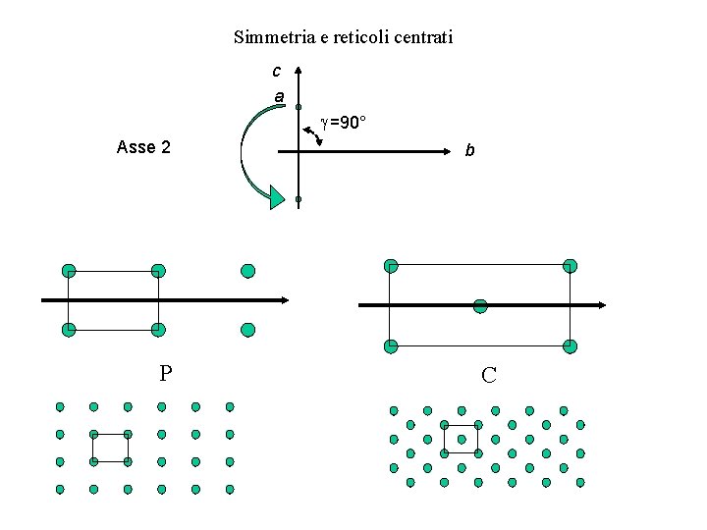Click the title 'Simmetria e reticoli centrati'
[343, 38]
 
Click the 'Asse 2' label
[143, 148]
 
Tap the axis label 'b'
[469, 151]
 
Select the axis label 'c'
[276, 71]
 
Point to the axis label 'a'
[279, 97]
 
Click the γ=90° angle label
[343, 124]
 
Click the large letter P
[166, 373]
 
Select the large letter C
[488, 375]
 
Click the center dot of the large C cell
[480, 306]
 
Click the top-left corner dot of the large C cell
[391, 266]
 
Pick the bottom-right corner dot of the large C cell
[571, 346]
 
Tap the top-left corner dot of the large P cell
[69, 271]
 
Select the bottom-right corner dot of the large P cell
[158, 330]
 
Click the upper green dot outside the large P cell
[247, 271]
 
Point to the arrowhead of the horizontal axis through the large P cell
[283, 300]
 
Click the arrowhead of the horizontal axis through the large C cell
[601, 306]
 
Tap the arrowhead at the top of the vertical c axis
[298, 72]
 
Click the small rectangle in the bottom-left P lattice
[110, 448]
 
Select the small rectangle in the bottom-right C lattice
[461, 439]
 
